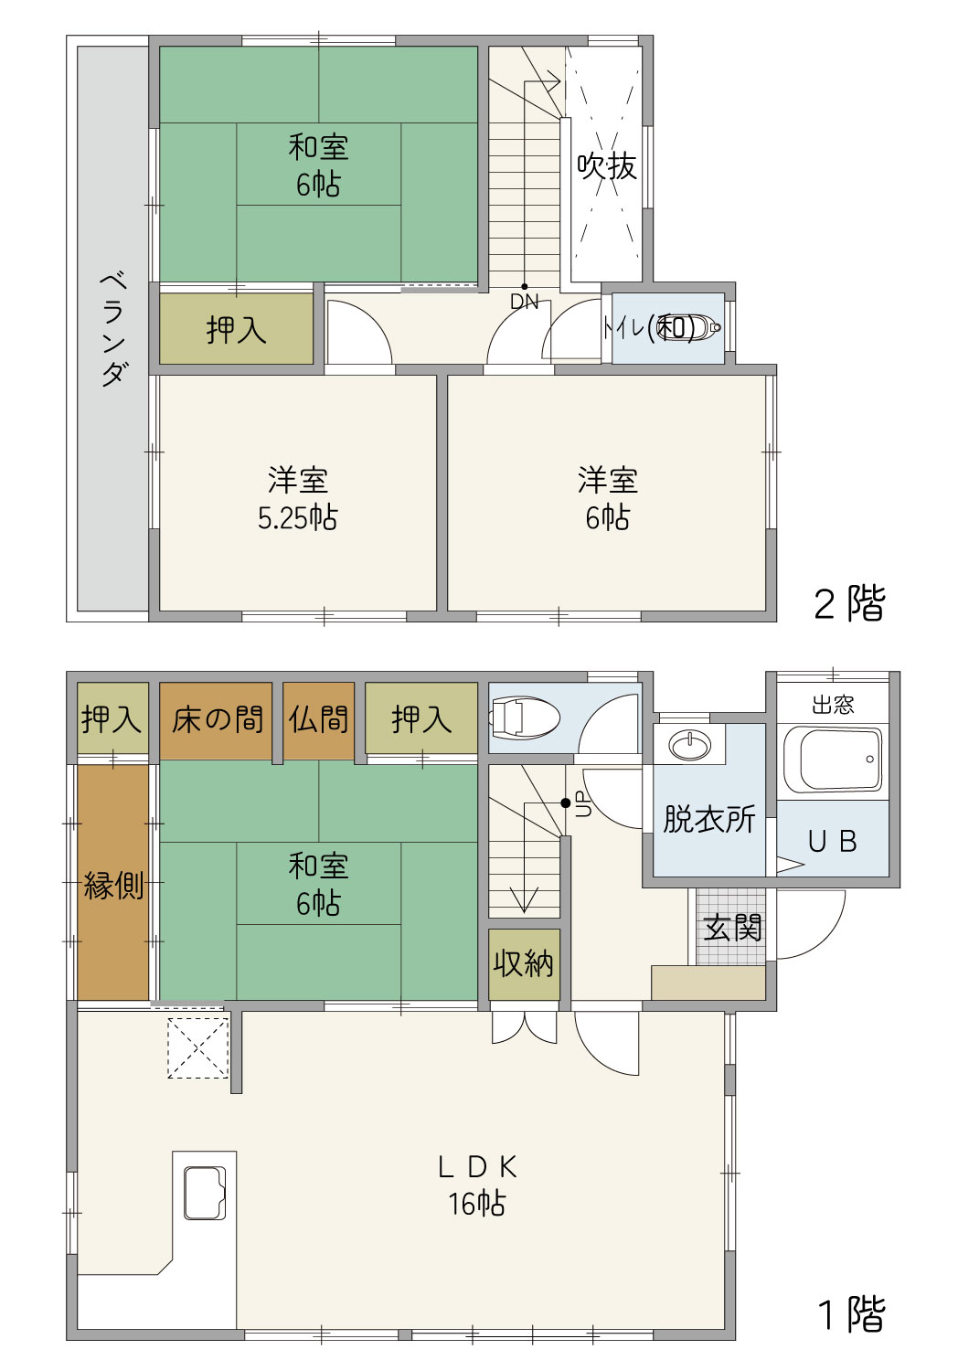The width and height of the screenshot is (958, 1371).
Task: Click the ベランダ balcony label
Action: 114,329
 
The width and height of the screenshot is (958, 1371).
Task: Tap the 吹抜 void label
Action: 607,165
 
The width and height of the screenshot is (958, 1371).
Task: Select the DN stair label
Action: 524,302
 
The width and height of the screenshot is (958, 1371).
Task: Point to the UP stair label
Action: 584,803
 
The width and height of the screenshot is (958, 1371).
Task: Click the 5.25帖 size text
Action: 297,518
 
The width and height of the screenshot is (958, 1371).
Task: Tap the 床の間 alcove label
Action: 218,719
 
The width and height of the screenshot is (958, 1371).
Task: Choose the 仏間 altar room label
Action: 318,719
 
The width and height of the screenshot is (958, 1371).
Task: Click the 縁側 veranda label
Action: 113,886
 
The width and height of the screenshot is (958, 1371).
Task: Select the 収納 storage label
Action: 524,963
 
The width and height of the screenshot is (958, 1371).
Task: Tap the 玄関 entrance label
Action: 733,928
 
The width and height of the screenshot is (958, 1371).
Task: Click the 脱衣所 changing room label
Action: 708,819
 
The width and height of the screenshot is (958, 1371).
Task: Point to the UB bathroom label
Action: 833,842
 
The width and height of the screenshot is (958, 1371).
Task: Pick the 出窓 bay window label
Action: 833,705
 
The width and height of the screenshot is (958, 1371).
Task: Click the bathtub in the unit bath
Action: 833,759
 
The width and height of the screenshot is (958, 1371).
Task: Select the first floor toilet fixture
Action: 526,717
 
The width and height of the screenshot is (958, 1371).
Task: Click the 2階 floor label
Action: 849,603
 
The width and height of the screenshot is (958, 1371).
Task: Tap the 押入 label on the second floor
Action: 236,330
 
